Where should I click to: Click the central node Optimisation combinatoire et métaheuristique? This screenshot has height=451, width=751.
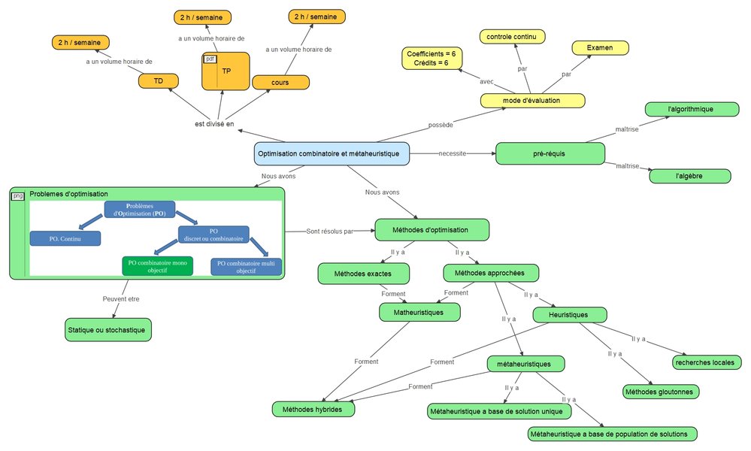point(332,153)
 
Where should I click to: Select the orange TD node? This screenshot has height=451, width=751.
point(158,81)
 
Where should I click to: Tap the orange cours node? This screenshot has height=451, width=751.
point(280,81)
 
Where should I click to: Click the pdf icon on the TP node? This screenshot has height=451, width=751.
point(210,59)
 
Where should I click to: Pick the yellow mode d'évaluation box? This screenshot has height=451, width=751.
point(531,100)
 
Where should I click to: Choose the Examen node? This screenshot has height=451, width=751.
point(600,47)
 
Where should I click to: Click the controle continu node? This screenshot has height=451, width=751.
point(515,37)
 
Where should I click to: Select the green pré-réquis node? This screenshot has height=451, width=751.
point(550,153)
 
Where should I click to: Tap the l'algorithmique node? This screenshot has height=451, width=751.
point(690,109)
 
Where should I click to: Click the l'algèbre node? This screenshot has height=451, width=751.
point(690,176)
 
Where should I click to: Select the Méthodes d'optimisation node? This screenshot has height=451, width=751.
point(432,229)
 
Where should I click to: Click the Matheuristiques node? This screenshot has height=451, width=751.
point(419,311)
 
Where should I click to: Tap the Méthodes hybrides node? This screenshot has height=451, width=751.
point(313,410)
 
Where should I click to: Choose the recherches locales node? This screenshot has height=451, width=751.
point(704,362)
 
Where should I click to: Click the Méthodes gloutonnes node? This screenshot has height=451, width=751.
point(661,392)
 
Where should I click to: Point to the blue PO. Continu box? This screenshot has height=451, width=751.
point(65,238)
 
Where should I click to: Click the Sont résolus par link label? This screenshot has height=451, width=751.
point(329,231)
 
